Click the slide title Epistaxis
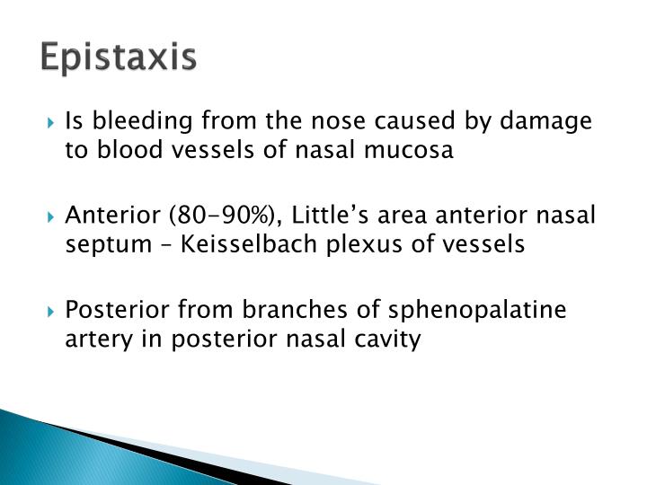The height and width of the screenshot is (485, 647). click(118, 57)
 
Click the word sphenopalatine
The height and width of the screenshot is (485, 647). click(490, 310)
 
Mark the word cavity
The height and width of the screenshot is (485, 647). click(388, 339)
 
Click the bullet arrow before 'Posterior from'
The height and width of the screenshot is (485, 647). click(53, 311)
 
